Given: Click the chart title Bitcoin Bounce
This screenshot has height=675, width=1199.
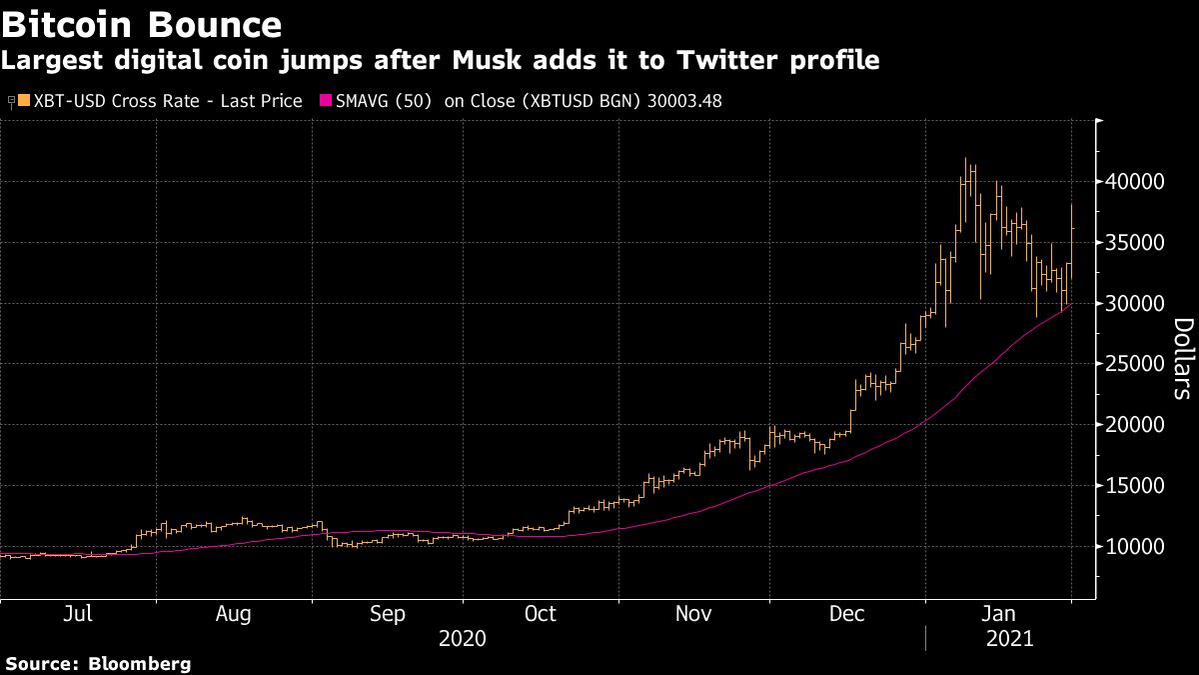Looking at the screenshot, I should point(141,23).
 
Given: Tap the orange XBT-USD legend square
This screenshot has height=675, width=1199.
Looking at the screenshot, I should point(24,101).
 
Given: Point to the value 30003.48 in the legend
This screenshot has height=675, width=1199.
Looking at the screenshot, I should point(682,101).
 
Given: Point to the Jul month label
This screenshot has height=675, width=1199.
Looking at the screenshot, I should point(77,614).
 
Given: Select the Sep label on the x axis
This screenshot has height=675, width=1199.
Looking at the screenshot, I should point(387,614).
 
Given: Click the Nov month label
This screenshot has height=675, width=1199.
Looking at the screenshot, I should point(693,614).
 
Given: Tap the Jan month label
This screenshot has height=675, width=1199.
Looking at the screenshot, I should point(999,614).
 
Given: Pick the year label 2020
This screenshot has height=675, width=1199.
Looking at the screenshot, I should point(463,638).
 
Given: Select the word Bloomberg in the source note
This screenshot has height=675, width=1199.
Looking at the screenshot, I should point(140,663).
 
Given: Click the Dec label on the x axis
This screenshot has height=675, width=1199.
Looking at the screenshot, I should point(847,614).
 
